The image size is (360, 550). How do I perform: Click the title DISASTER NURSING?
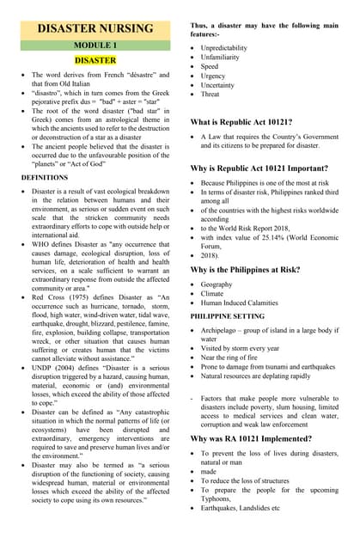pos(95,28)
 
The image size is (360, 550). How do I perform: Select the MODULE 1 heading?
pos(95,45)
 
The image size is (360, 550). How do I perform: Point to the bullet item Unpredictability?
pos(223,48)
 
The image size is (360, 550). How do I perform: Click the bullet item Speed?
pos(210,66)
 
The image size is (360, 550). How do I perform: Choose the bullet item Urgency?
pos(214,75)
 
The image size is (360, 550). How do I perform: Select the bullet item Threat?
pos(211,94)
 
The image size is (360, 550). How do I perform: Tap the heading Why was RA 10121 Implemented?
pos(259,438)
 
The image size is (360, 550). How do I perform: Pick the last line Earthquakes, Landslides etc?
pos(240,508)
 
